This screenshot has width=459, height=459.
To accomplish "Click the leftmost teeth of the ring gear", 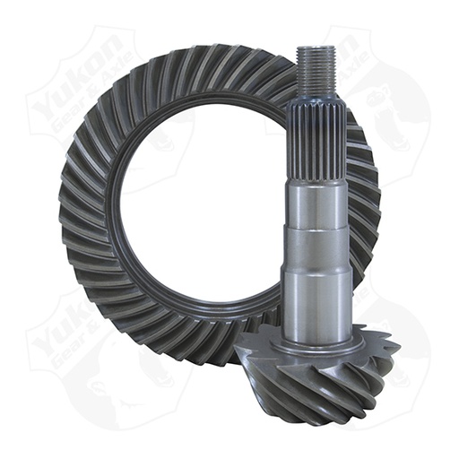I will point(76,215).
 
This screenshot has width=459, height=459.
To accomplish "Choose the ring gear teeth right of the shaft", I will point(363,206).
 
